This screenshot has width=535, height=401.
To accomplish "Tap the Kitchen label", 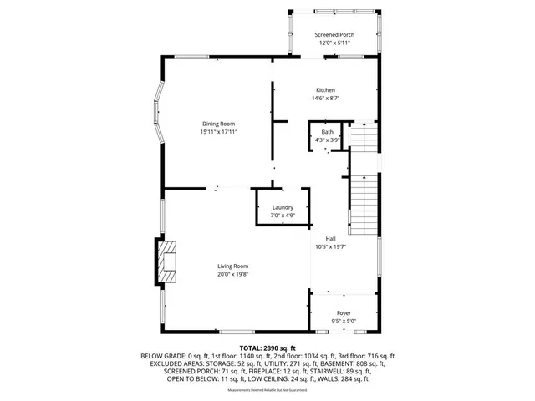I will click(325, 90).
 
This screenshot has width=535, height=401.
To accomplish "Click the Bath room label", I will click(327, 132).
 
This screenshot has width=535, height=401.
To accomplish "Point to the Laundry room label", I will click(283, 207).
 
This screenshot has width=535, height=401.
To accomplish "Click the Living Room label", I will click(233, 266).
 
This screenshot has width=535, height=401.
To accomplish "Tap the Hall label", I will click(331, 238).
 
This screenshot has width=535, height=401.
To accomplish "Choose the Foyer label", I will click(344, 312).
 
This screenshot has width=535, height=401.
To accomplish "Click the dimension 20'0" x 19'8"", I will click(233, 274).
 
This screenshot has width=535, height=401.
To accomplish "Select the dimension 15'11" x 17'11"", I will click(219, 132).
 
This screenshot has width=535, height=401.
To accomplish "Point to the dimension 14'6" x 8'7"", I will click(325, 99).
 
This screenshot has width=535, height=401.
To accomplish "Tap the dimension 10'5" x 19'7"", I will click(331, 246).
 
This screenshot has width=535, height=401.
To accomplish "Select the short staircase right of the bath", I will click(362, 135).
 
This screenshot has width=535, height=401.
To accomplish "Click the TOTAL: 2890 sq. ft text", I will click(267, 348).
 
